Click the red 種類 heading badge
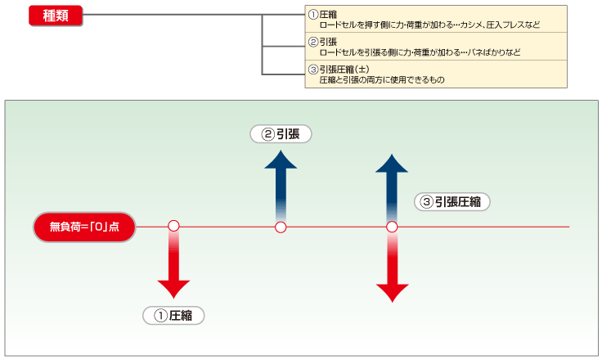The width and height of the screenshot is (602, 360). point(56,16)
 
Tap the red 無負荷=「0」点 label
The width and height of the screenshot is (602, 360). point(84,227)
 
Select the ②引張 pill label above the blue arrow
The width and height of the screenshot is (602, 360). point(281,133)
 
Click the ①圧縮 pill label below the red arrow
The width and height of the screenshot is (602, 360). point(173,315)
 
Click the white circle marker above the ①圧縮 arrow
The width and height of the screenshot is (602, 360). point(173,226)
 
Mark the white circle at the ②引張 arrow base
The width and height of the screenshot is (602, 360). point(281,227)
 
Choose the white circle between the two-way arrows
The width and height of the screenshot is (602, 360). point(392,227)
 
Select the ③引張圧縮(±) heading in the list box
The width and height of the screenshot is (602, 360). point(343,70)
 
